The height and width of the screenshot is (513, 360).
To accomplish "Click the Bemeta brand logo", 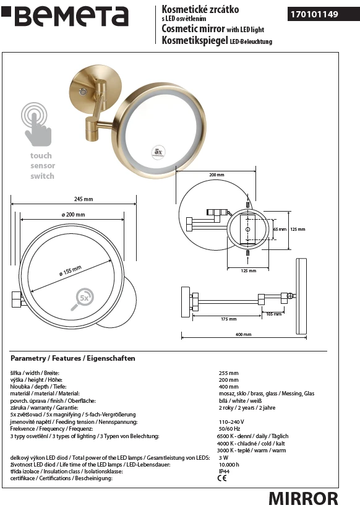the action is tap(65, 16).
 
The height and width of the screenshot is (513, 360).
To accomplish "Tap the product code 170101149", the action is tap(314, 14).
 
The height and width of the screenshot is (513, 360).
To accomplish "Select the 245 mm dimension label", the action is tap(84, 199).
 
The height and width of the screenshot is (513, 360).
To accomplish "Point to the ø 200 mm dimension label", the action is tap(73, 215).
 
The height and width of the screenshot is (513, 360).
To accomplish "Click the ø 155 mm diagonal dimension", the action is tap(71, 271).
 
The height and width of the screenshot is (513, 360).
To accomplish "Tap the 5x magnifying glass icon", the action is tap(82, 299).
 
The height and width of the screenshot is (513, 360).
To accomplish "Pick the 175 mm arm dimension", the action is tap(228, 319).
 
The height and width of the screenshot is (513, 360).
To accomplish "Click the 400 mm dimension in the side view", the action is tap(244, 334).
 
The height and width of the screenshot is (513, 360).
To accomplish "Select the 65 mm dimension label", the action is tap(280, 230).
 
